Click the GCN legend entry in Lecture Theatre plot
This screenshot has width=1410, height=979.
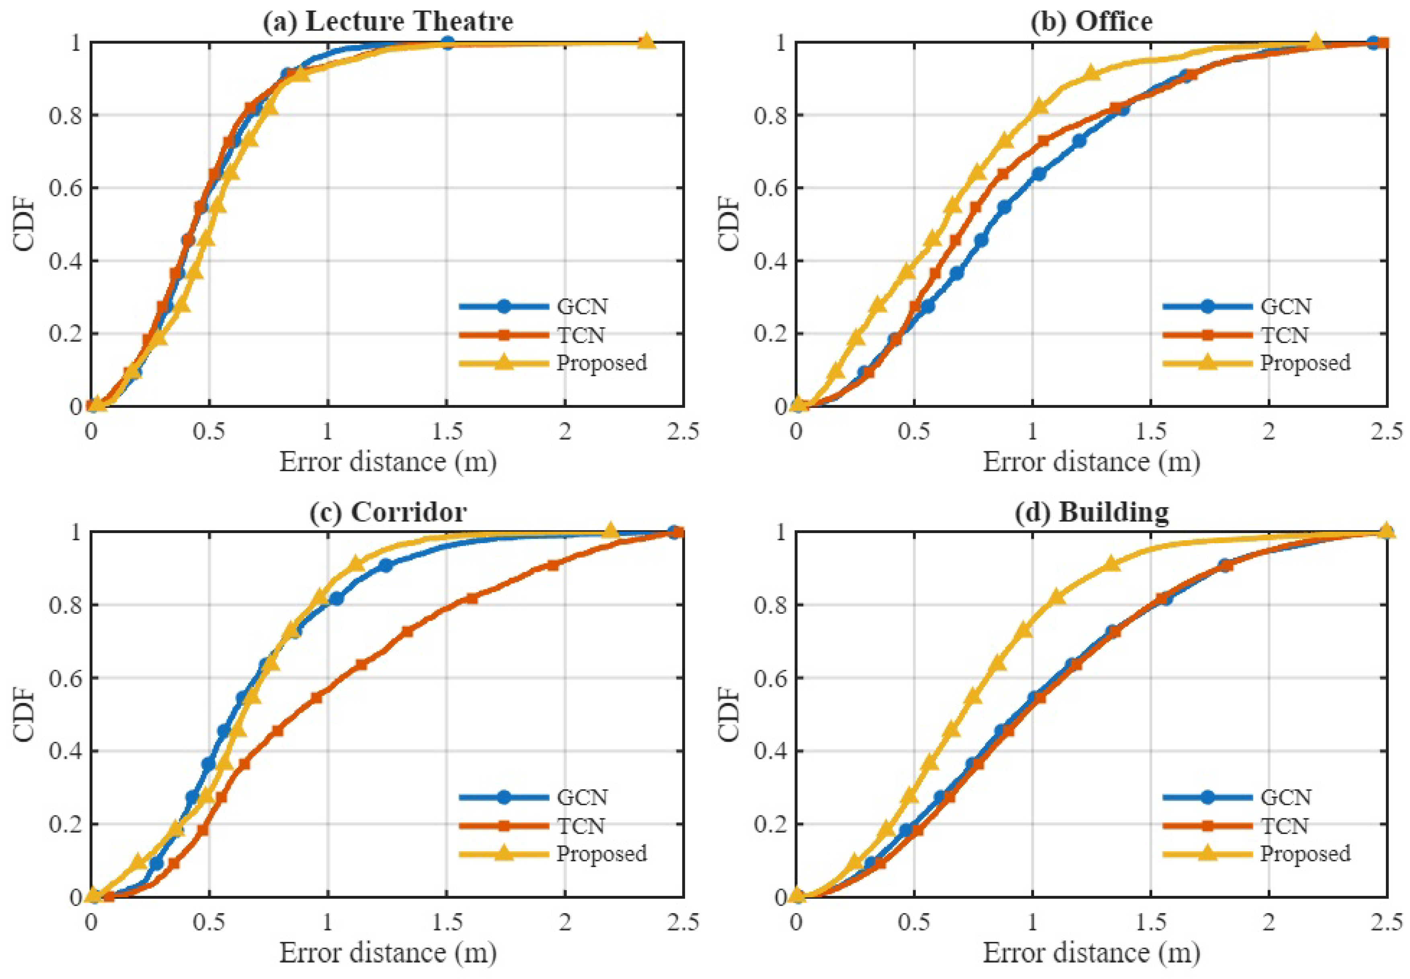pyautogui.click(x=581, y=306)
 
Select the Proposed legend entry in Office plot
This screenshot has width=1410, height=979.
pyautogui.click(x=1305, y=362)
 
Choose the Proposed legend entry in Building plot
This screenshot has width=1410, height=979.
pyautogui.click(x=1305, y=853)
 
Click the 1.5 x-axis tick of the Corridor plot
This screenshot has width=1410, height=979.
pyautogui.click(x=447, y=922)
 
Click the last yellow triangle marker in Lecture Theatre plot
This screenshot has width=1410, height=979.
pyautogui.click(x=645, y=41)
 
